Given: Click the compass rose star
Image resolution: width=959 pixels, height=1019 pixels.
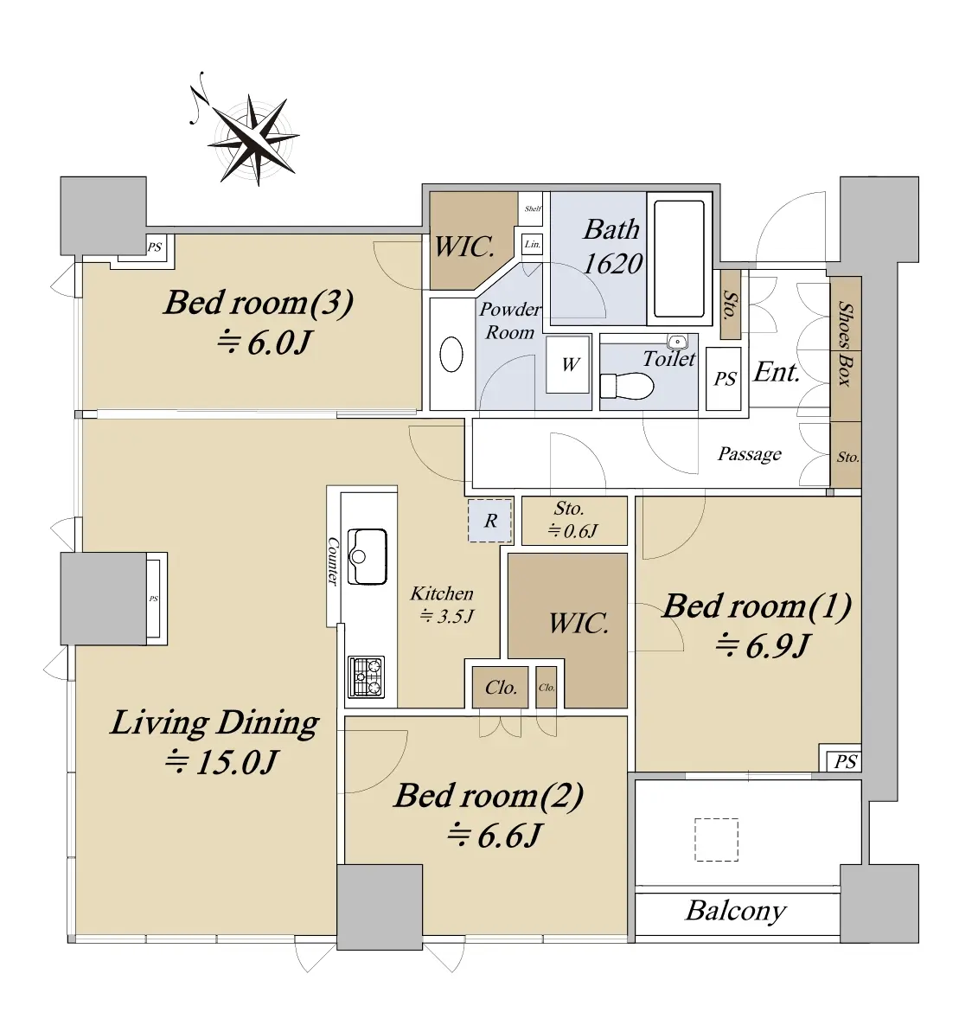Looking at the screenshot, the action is [x=253, y=139].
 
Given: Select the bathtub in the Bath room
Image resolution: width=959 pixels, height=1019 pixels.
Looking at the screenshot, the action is [x=679, y=260].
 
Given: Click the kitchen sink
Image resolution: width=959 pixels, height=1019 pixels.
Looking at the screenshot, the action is [x=368, y=556].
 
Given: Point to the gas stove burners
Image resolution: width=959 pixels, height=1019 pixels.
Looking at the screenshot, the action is [x=367, y=676].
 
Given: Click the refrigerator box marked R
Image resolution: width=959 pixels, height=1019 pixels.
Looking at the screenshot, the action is [x=490, y=520].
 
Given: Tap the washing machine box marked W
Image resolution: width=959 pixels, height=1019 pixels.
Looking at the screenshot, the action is [x=568, y=364].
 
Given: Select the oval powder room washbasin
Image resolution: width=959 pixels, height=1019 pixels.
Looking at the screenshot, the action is [x=451, y=355].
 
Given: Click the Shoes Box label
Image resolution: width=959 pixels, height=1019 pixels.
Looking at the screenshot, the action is [x=845, y=343].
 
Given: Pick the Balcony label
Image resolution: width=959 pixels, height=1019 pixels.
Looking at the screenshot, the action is [x=736, y=911].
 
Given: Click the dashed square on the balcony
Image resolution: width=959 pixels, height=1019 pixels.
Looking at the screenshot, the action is [x=716, y=840].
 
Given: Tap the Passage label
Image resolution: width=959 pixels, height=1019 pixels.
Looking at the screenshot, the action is [x=749, y=453].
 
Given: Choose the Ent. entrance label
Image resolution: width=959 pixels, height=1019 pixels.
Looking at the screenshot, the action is [x=777, y=372].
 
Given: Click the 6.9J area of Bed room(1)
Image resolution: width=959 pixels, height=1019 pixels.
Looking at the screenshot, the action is [x=763, y=646].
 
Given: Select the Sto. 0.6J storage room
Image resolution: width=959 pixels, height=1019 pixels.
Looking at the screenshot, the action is [x=574, y=521].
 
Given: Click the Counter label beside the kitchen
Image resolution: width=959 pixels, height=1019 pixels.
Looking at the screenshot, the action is [x=333, y=561].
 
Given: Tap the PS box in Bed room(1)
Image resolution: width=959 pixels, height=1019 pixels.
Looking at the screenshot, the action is [x=845, y=761].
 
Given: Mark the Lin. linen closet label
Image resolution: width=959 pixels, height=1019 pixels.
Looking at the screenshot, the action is [x=532, y=244].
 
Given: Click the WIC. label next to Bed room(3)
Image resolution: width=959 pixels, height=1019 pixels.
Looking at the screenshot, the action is [x=464, y=247].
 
